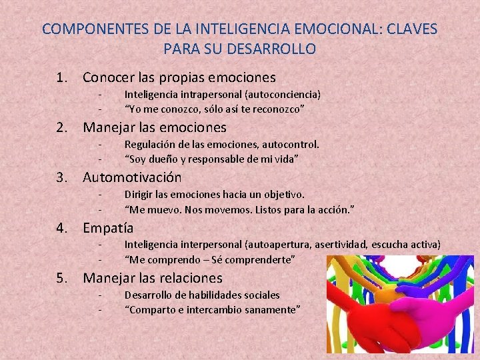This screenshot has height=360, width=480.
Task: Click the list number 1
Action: [62, 77]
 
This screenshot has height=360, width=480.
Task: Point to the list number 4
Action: [62, 228]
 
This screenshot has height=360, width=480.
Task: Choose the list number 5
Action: [62, 278]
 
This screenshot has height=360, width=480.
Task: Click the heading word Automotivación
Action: [132, 177]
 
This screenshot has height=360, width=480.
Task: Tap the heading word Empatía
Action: [108, 228]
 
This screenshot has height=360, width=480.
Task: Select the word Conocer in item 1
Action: [107, 77]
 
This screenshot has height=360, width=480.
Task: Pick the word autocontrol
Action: [291, 144]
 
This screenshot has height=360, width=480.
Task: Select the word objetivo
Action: [285, 194]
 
